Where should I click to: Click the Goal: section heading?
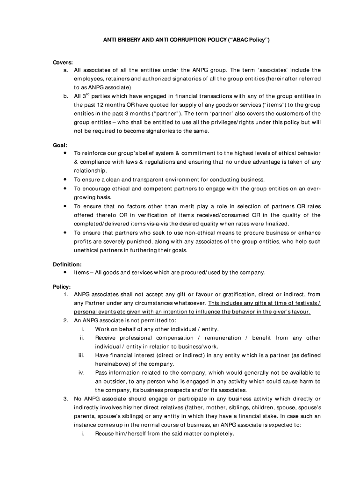[60, 145]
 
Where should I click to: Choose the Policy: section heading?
[62, 286]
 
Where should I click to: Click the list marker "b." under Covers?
[66, 96]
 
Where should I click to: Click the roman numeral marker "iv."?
[81, 373]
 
